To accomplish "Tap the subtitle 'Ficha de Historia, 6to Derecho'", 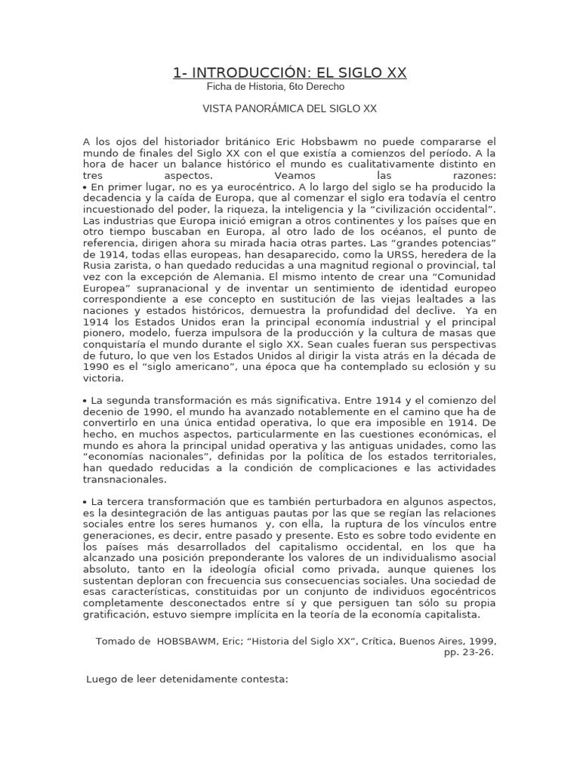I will [x=275, y=87].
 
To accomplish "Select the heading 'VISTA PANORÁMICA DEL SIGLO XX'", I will [x=289, y=109].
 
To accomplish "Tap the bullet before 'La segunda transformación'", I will [x=85, y=400].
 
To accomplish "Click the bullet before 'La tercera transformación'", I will [x=85, y=502].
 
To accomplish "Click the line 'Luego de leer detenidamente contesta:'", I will [x=188, y=679].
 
